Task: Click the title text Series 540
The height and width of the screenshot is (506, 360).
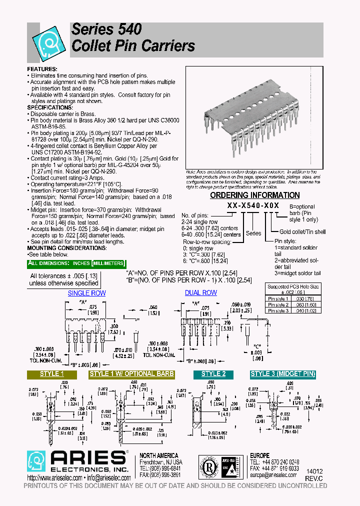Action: [x=106, y=29]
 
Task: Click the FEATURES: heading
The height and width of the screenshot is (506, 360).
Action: [x=42, y=68]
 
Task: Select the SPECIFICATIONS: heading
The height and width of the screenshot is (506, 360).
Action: [x=50, y=107]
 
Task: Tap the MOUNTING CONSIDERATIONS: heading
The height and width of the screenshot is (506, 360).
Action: [x=66, y=248]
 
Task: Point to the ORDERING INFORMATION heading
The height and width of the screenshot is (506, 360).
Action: [x=254, y=195]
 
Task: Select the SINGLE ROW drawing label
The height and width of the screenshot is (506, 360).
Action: [x=86, y=293]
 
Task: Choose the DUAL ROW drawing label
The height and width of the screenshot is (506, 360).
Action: [x=201, y=293]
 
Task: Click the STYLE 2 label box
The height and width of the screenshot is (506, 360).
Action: [x=213, y=374]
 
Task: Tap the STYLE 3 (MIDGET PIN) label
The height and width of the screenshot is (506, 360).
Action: [x=283, y=374]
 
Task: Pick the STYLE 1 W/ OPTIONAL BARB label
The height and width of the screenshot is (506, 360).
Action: [x=132, y=374]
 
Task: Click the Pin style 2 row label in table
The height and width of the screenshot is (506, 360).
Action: [x=278, y=304]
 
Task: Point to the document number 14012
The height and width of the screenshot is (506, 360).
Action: [x=314, y=471]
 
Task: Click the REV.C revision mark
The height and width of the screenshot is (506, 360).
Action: [x=314, y=478]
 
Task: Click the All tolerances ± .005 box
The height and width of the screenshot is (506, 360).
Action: [x=64, y=279]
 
